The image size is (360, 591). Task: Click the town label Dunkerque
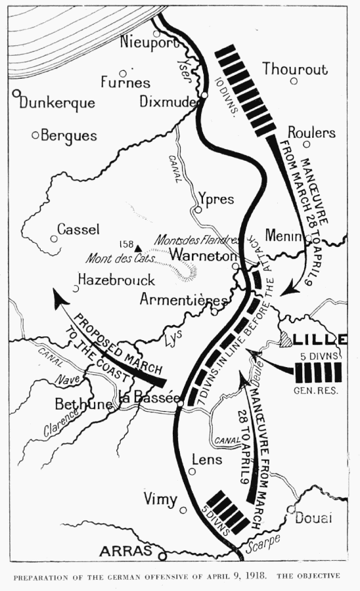click(x=58, y=103)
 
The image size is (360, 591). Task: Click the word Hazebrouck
click(x=116, y=280)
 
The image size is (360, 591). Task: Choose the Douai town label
click(x=313, y=518)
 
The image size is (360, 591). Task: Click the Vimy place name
click(x=160, y=500)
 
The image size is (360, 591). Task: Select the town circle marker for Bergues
click(x=35, y=135)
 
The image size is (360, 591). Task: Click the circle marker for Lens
click(x=192, y=471)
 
